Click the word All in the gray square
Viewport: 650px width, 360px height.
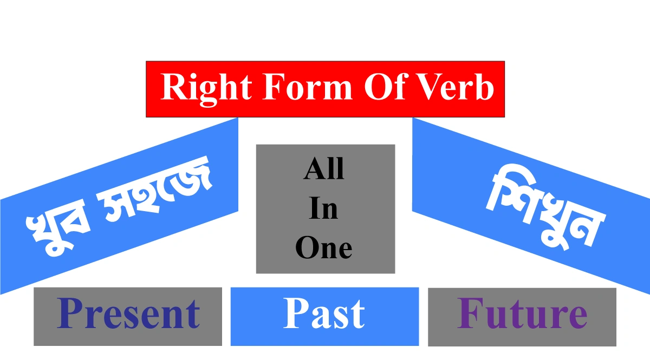(x=324, y=169)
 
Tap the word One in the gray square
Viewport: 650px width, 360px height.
(x=324, y=248)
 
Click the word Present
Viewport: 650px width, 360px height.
(x=128, y=315)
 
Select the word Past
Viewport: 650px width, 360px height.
(x=324, y=315)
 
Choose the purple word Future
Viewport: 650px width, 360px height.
(x=522, y=315)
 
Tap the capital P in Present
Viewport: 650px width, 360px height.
(x=70, y=315)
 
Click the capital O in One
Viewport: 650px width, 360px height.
(x=307, y=248)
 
